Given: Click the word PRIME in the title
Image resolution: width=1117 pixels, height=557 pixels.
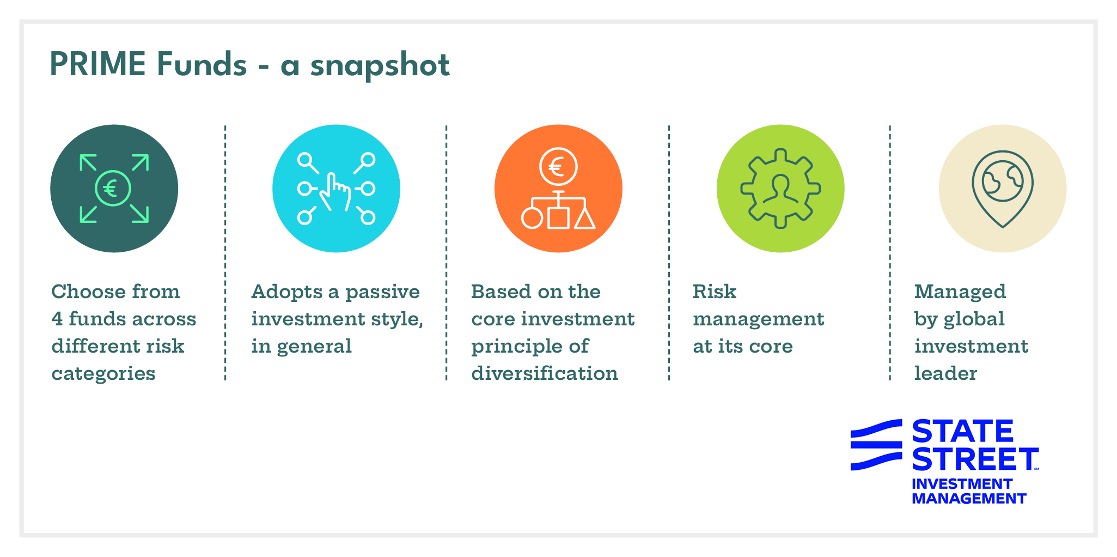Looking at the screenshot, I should tap(97, 64).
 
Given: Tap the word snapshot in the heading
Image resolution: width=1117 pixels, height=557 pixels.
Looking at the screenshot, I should tap(380, 65).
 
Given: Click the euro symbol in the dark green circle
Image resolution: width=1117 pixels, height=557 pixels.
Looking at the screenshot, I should tap(112, 189).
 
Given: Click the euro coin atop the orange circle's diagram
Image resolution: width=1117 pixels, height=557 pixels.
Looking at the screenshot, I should tap(558, 166).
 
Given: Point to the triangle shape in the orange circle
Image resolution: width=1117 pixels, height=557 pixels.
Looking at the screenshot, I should tap(585, 219).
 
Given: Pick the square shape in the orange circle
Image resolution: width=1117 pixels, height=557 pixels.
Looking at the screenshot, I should tap(558, 218).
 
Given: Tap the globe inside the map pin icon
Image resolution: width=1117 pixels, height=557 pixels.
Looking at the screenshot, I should tap(1002, 181).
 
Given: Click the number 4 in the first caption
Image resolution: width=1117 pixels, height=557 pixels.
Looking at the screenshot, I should tap(57, 319).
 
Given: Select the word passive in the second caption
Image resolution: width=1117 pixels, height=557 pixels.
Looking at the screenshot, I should tap(382, 292).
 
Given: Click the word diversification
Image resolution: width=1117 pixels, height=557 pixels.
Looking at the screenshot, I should tap(545, 374).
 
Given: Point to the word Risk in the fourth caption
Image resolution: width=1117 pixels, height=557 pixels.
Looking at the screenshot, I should tap(714, 292).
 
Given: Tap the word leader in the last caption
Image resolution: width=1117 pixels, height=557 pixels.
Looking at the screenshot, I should tap(945, 374).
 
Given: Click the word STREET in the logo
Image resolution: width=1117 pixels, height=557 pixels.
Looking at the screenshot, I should tap(975, 459).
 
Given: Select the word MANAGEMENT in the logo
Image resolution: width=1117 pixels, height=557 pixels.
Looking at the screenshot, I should tap(968, 499).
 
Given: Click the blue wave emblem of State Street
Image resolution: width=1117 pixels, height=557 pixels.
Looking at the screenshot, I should tap(876, 445).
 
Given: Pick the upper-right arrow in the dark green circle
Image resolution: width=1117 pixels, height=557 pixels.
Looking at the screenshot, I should tap(140, 163).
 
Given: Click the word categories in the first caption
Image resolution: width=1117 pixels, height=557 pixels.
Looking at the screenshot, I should tap(103, 374).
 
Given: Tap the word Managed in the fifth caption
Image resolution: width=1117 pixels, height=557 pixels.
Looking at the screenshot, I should tap(960, 292).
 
